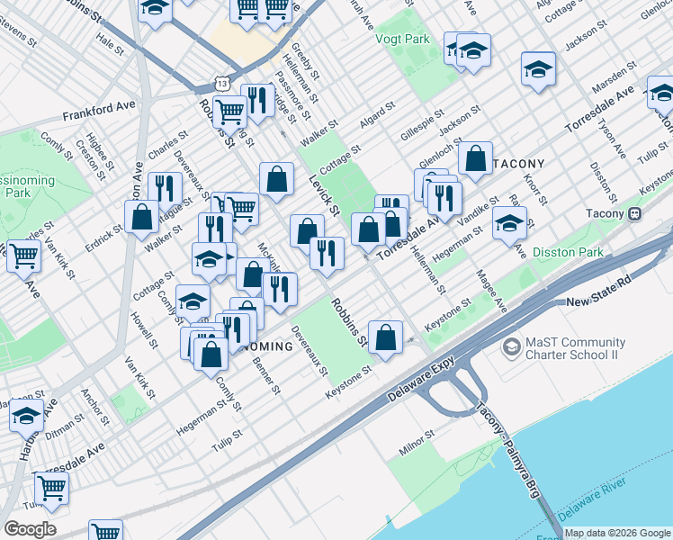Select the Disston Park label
(569, 253)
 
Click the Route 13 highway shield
(221, 83)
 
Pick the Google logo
(30, 529)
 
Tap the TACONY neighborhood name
(516, 163)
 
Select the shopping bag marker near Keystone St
(385, 338)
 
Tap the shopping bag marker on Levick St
(277, 178)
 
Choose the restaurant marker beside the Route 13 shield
(258, 100)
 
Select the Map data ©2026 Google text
(616, 533)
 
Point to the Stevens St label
(18, 37)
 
